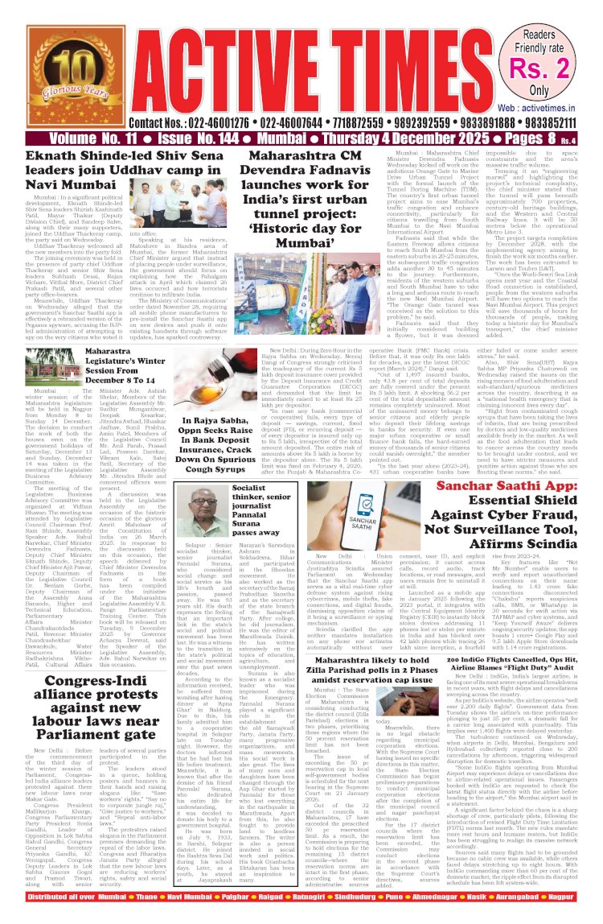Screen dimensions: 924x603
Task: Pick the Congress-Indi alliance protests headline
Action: [x=117, y=692]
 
